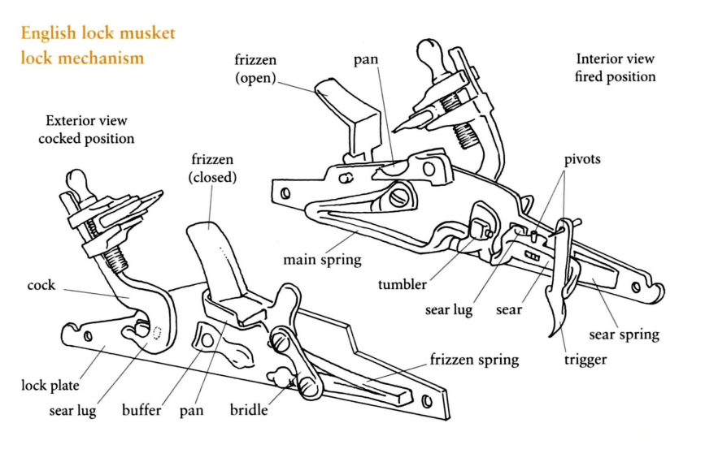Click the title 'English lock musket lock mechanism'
click(98, 45)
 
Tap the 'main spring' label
click(322, 260)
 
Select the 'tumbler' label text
click(403, 284)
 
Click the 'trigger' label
click(585, 360)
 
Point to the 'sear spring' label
click(624, 335)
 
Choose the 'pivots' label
click(582, 159)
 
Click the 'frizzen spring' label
click(474, 360)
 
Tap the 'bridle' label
click(249, 410)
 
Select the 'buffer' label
click(141, 410)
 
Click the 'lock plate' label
click(50, 385)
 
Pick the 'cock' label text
click(41, 285)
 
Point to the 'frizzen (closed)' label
click(212, 168)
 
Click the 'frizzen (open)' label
click(255, 69)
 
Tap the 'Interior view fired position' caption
click(615, 68)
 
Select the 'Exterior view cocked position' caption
click(86, 130)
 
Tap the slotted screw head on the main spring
click(399, 196)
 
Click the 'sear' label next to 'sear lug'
click(508, 310)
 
